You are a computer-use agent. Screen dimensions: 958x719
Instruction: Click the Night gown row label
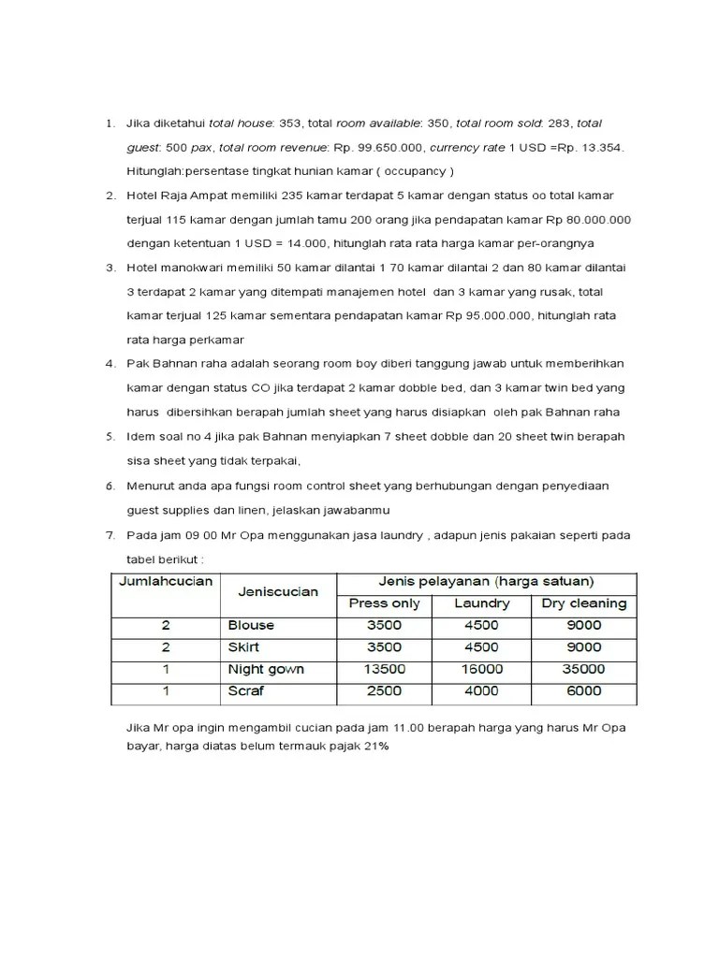[x=267, y=669]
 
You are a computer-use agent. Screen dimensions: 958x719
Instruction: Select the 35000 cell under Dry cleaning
[x=584, y=669]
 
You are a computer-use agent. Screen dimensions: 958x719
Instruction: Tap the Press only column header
[x=384, y=603]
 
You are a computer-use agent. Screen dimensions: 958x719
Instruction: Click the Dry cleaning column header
[x=584, y=603]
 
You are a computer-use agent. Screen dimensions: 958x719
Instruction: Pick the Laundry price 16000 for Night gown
[x=481, y=669]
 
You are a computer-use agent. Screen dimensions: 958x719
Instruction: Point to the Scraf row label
[x=246, y=691]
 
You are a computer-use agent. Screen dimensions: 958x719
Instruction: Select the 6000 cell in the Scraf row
[x=584, y=691]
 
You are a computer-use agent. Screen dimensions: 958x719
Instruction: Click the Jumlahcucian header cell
[x=166, y=581]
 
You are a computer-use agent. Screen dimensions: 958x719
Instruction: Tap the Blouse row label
[x=251, y=625]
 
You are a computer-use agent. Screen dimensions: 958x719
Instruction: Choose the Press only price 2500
[x=384, y=691]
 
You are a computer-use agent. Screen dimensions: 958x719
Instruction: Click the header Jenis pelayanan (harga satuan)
[x=485, y=581]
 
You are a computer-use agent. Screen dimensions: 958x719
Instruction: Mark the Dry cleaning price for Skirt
[x=584, y=646]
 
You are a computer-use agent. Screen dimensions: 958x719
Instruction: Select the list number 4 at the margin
[x=109, y=363]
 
